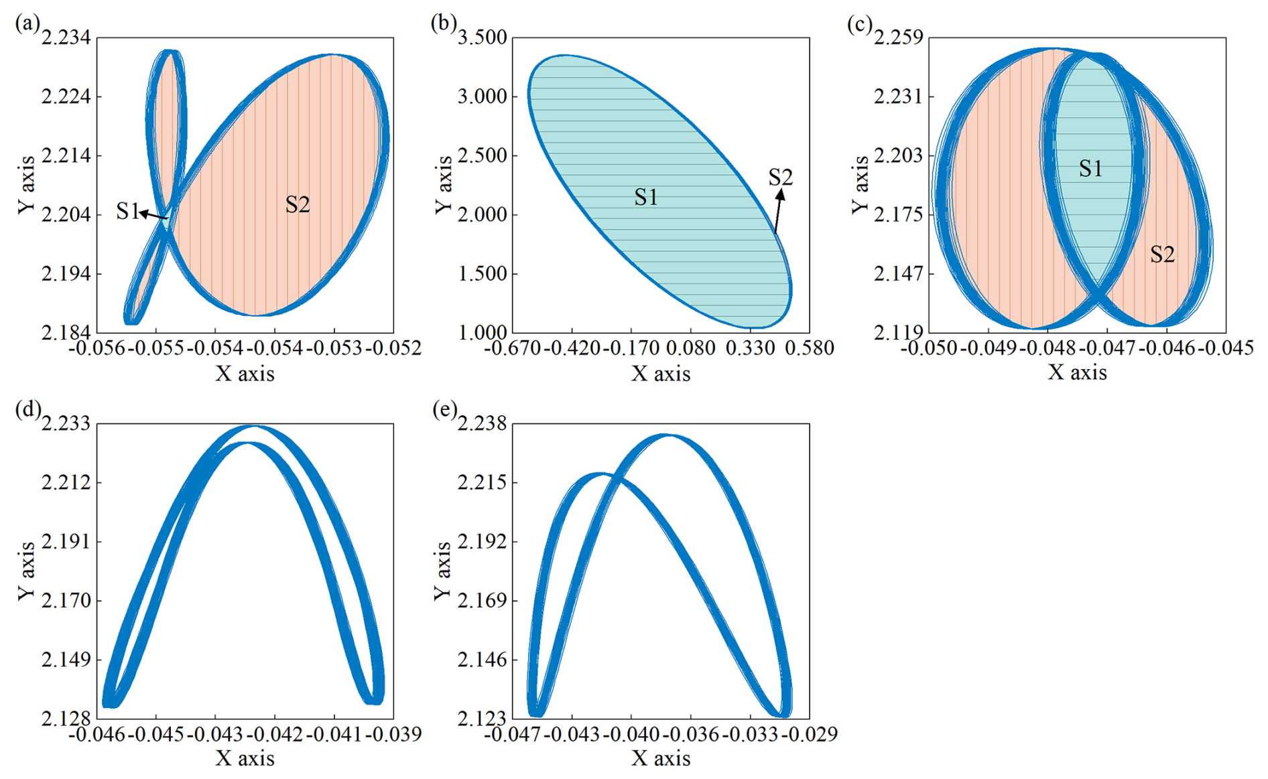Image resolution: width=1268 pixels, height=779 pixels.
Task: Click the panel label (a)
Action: click(27, 25)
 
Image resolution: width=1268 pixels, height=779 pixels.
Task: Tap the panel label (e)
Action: click(444, 409)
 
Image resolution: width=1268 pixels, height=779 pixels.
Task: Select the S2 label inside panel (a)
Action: click(298, 205)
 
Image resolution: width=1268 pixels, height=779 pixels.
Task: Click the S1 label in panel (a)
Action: click(127, 212)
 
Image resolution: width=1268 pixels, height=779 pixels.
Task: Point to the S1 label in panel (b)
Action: click(646, 197)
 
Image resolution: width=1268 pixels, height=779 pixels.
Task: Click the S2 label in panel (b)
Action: click(780, 178)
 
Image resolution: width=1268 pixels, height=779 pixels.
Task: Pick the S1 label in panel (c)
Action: click(1090, 169)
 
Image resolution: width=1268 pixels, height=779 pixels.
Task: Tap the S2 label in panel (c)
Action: click(1162, 255)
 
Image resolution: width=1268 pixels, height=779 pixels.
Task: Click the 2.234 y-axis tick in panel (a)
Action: click(66, 38)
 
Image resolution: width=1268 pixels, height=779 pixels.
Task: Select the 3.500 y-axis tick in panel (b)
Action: click(482, 38)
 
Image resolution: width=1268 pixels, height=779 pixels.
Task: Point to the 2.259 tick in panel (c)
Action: click(898, 38)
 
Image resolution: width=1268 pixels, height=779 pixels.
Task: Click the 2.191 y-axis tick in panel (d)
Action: click(66, 541)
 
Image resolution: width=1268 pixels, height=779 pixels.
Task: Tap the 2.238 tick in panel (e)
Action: click(482, 424)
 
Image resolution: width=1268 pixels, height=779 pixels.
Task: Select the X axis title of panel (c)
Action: click(1077, 372)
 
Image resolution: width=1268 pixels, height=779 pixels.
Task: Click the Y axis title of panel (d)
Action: click(25, 571)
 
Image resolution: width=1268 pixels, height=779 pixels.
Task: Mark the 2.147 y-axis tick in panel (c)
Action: click(898, 273)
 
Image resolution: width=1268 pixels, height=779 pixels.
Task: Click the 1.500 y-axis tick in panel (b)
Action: click(482, 273)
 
